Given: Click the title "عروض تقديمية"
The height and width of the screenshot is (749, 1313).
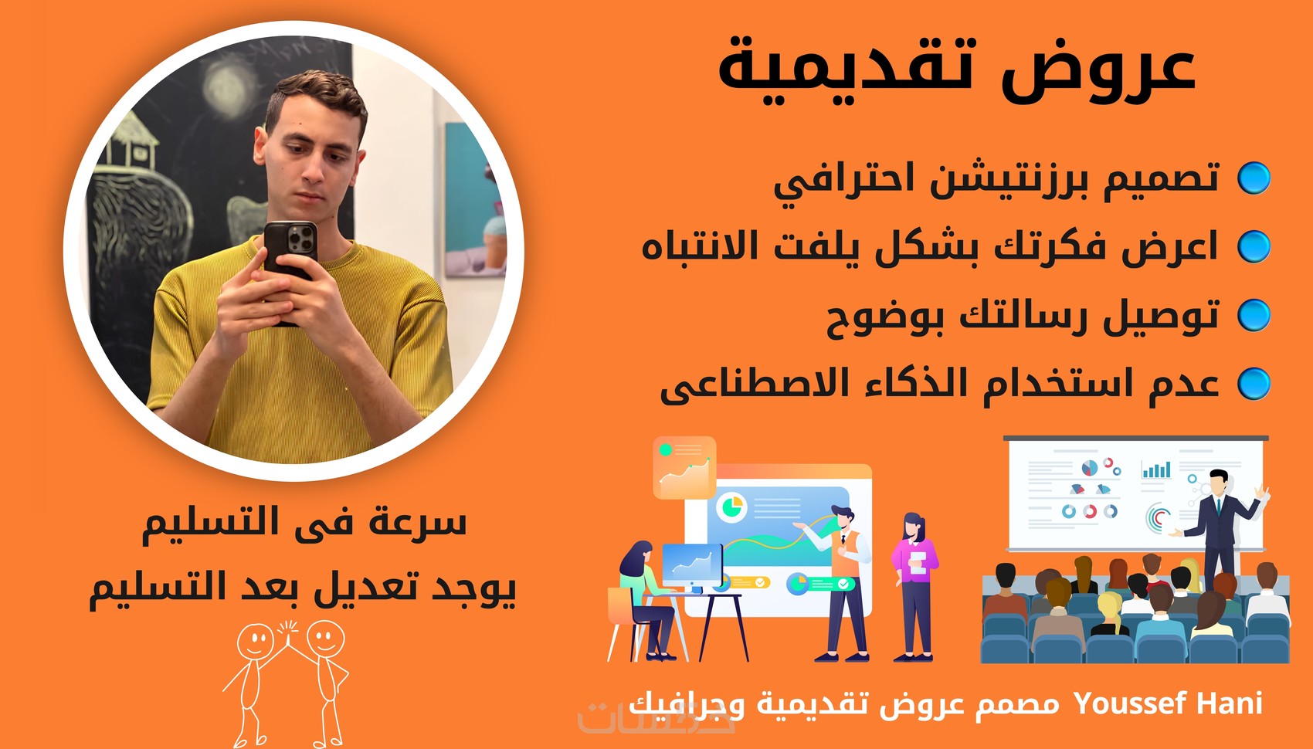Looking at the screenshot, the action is [957, 69].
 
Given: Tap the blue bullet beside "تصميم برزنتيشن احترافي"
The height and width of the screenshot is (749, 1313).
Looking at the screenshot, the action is [1254, 178].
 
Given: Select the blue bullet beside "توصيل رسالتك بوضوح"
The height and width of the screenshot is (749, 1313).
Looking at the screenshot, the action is [1254, 315].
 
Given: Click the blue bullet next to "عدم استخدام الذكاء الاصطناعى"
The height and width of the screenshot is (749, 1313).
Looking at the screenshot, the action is [1254, 384].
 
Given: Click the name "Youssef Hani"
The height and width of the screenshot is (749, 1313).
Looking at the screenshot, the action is [1169, 703].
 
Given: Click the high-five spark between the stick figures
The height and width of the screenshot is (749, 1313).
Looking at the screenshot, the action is [288, 628].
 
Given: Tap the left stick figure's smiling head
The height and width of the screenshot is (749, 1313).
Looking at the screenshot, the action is [255, 642].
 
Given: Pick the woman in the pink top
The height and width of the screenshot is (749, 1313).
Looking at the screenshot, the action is [914, 587].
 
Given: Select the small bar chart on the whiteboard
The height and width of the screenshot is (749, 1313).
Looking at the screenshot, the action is [1156, 470].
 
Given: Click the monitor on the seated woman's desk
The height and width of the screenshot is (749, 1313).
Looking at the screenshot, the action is [692, 564].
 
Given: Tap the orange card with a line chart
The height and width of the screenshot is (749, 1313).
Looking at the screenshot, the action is [684, 468].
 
